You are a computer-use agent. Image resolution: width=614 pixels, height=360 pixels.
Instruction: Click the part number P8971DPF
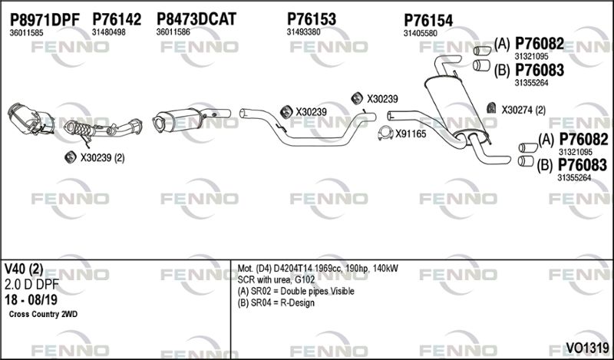[x=45, y=19]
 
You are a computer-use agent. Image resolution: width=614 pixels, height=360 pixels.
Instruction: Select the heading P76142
[x=117, y=19]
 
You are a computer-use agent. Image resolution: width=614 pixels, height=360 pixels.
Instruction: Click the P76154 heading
[x=428, y=21]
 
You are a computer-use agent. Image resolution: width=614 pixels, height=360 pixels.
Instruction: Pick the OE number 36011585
[x=26, y=33]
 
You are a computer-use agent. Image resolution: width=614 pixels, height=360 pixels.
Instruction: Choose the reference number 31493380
[x=303, y=32]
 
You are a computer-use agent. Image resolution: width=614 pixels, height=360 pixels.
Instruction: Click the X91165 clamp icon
[x=385, y=134]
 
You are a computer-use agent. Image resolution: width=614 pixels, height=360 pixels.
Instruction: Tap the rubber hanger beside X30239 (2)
[x=71, y=157]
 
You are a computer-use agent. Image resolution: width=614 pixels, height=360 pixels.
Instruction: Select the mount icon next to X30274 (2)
[x=491, y=108]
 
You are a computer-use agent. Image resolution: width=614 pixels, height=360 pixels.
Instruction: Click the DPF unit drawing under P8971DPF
[x=31, y=119]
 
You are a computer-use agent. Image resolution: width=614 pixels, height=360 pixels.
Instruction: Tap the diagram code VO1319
[x=587, y=347]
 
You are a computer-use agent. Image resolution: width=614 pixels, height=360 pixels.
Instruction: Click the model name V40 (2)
[x=24, y=269]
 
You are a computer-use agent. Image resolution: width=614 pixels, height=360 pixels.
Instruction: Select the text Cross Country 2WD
[x=43, y=314]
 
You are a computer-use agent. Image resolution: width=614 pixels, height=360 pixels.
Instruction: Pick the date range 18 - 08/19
[x=31, y=299]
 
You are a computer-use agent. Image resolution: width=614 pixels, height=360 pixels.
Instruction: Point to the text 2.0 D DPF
[x=31, y=284]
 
